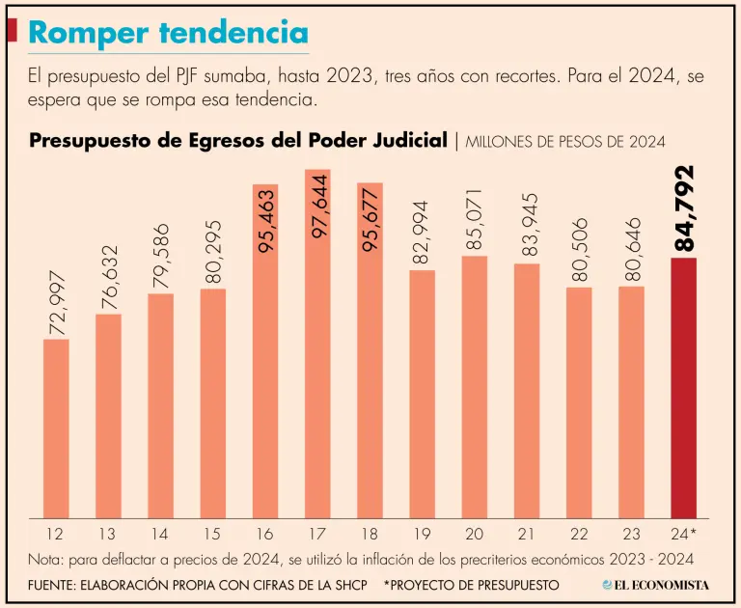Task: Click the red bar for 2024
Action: tap(684, 386)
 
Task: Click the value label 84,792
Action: tap(684, 208)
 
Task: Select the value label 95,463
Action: tap(265, 219)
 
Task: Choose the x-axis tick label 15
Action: tap(213, 533)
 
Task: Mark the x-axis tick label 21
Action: tap(527, 533)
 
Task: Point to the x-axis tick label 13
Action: tap(108, 533)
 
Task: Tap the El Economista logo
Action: tap(655, 585)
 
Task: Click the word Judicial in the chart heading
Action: tap(407, 140)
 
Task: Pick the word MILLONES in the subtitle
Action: tap(505, 142)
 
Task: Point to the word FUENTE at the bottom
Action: tap(56, 585)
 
